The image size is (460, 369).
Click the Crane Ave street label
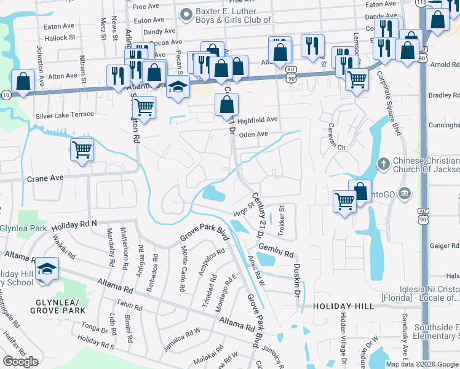click(46, 178)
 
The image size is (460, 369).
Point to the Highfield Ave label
click(258, 119)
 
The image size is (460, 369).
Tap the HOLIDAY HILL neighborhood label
click(343, 306)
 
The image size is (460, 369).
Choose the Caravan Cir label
click(335, 148)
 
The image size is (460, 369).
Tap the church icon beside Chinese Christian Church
click(383, 164)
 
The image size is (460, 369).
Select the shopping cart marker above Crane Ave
click(82, 149)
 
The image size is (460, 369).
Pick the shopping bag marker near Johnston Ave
click(23, 81)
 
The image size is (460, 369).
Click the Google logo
click(20, 362)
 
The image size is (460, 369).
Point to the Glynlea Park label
click(16, 227)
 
